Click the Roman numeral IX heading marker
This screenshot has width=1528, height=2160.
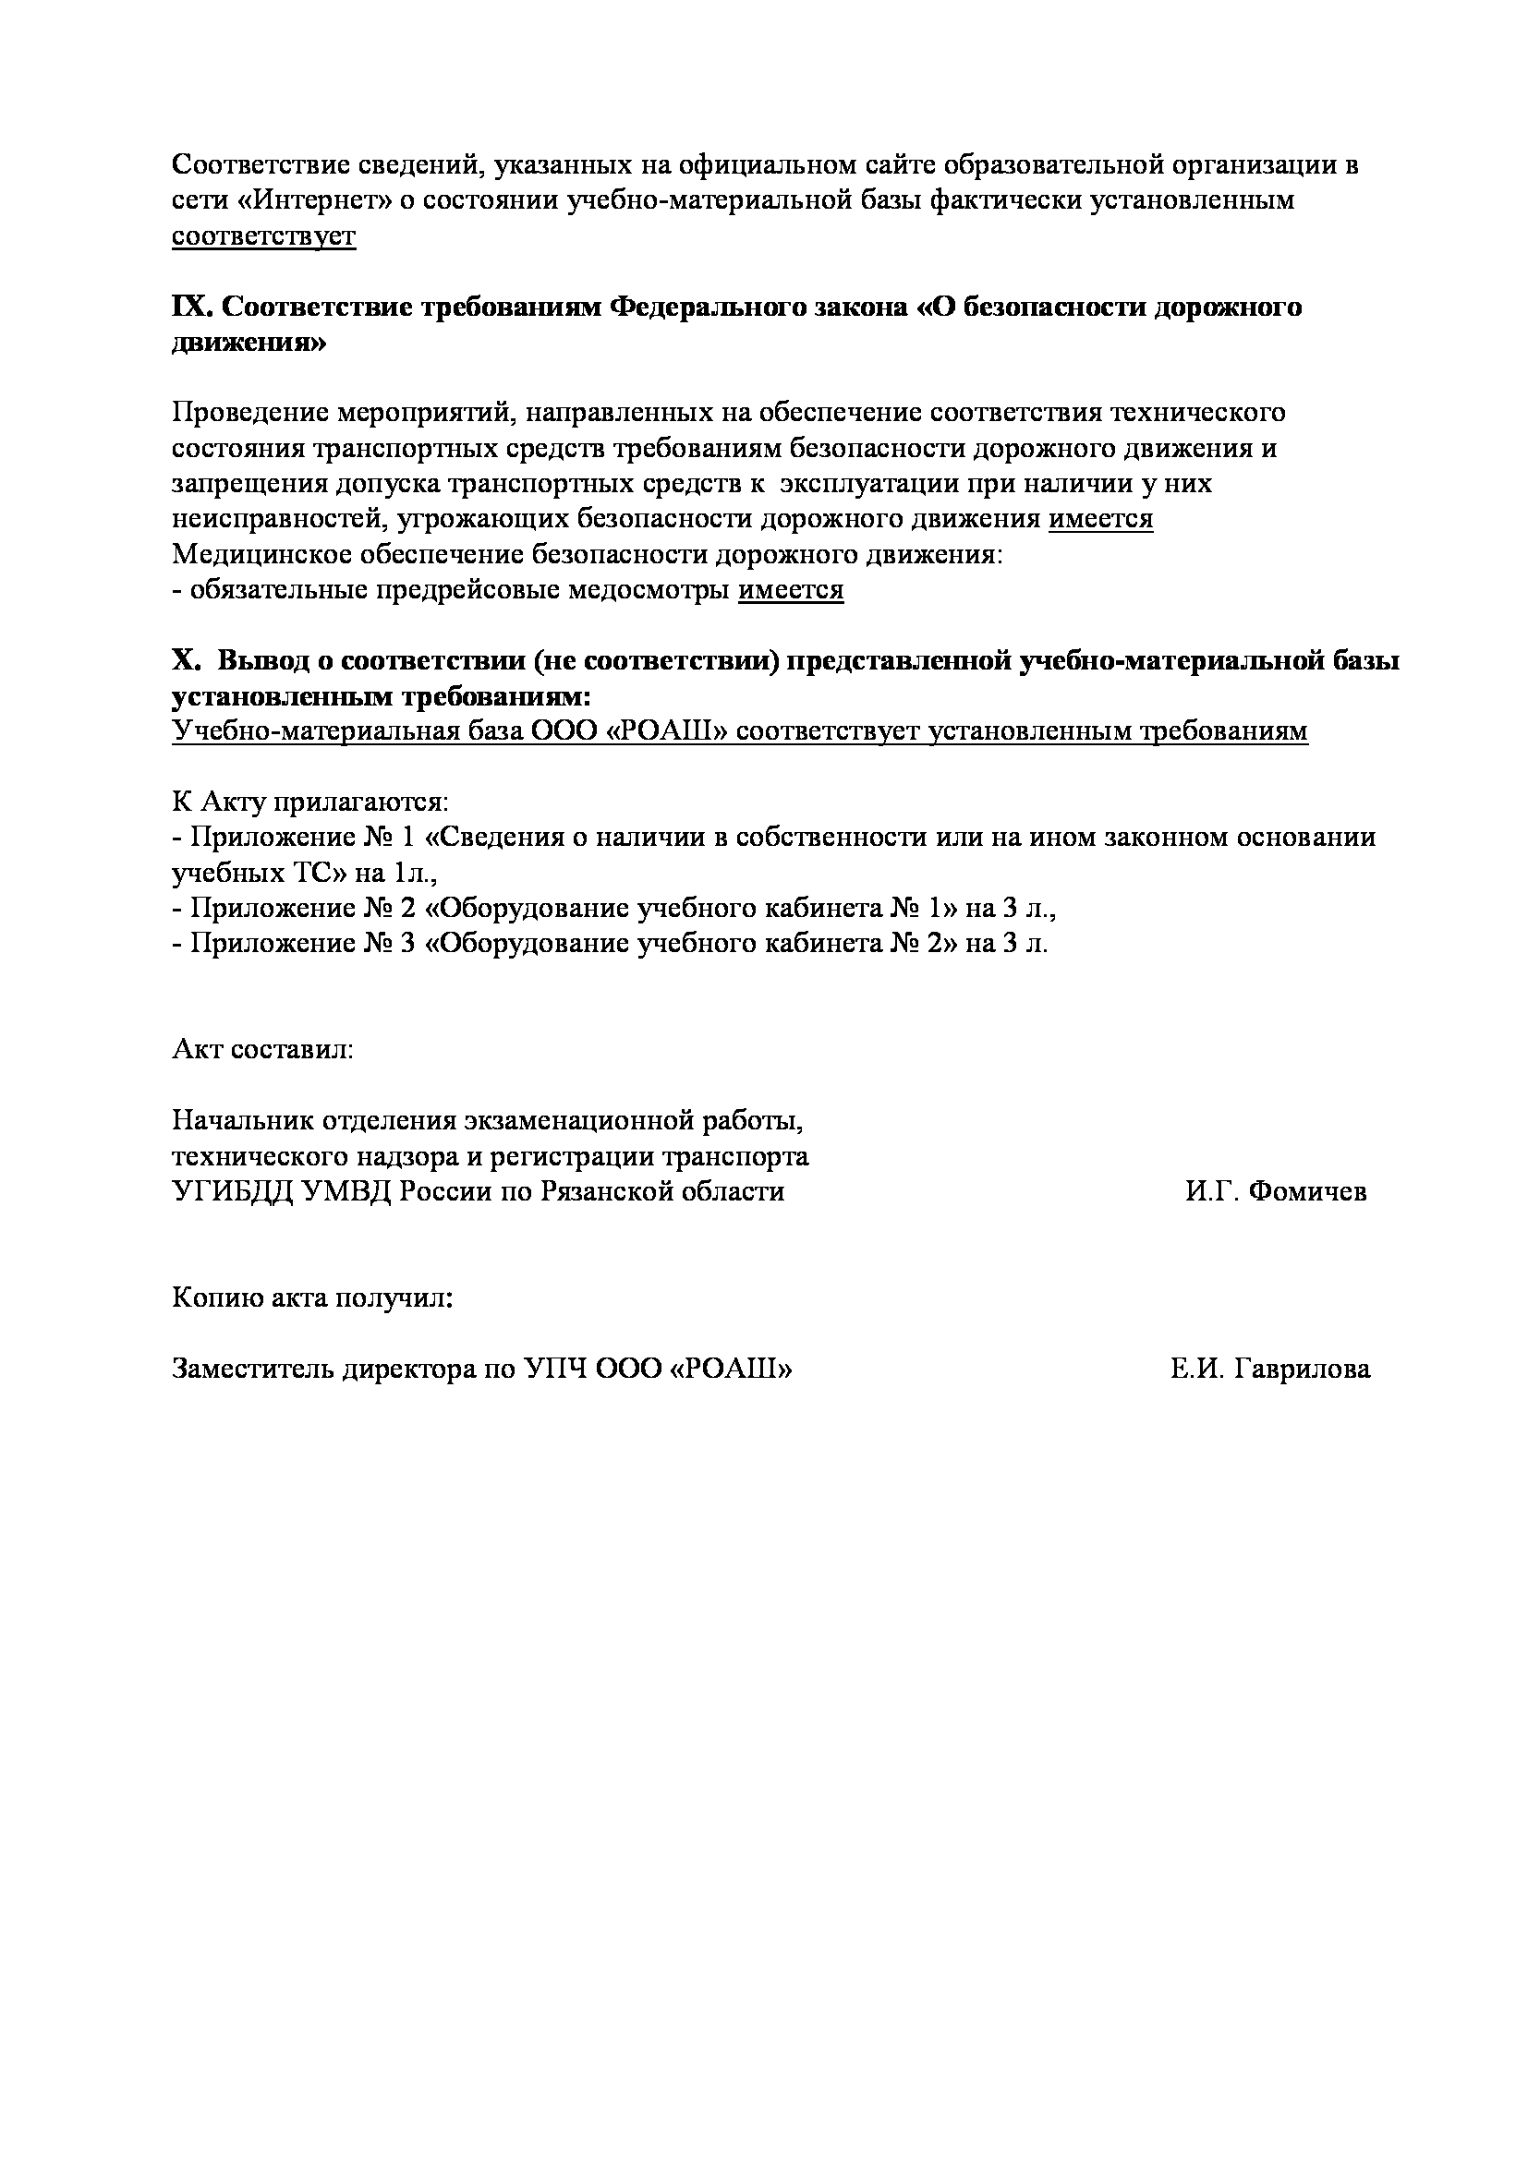pyautogui.click(x=192, y=308)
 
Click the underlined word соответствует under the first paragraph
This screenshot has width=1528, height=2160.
pyautogui.click(x=263, y=235)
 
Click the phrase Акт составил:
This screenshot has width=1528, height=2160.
pyautogui.click(x=262, y=1049)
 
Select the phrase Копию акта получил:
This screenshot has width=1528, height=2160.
pyautogui.click(x=312, y=1298)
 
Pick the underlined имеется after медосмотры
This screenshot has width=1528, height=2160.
pyautogui.click(x=791, y=590)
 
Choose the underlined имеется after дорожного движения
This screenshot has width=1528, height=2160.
pyautogui.click(x=1100, y=519)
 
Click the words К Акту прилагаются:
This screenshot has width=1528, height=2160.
pyautogui.click(x=310, y=802)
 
